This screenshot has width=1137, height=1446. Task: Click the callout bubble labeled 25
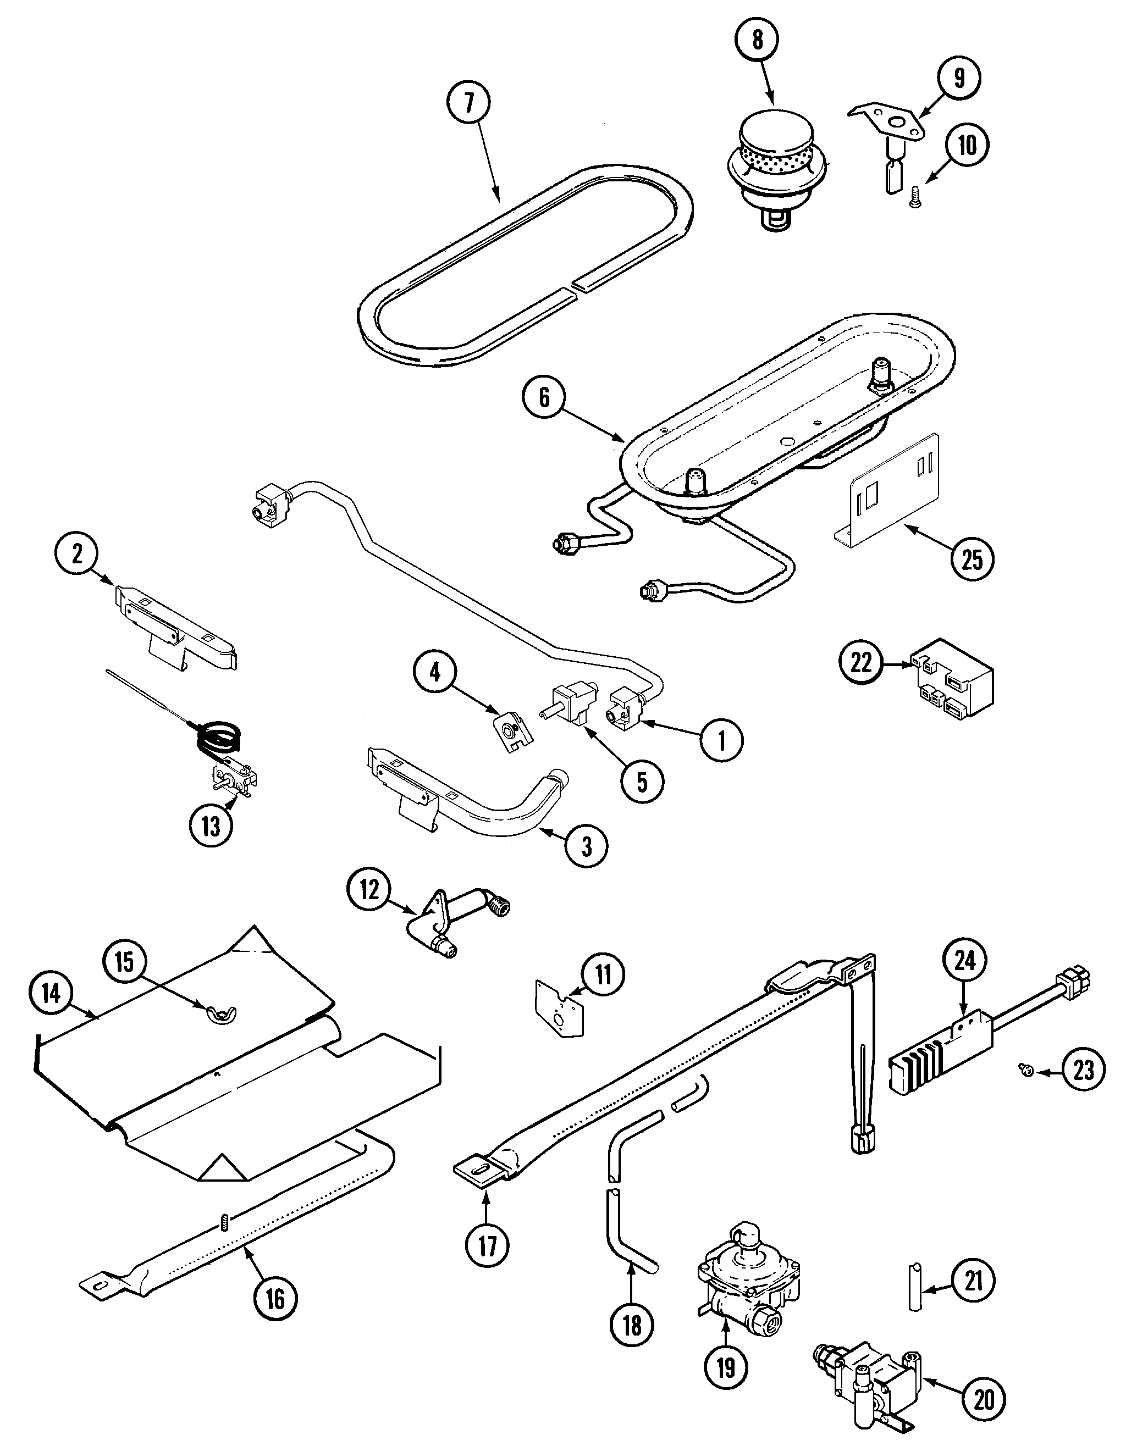(973, 559)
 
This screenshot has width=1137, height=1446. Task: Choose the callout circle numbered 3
(586, 846)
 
